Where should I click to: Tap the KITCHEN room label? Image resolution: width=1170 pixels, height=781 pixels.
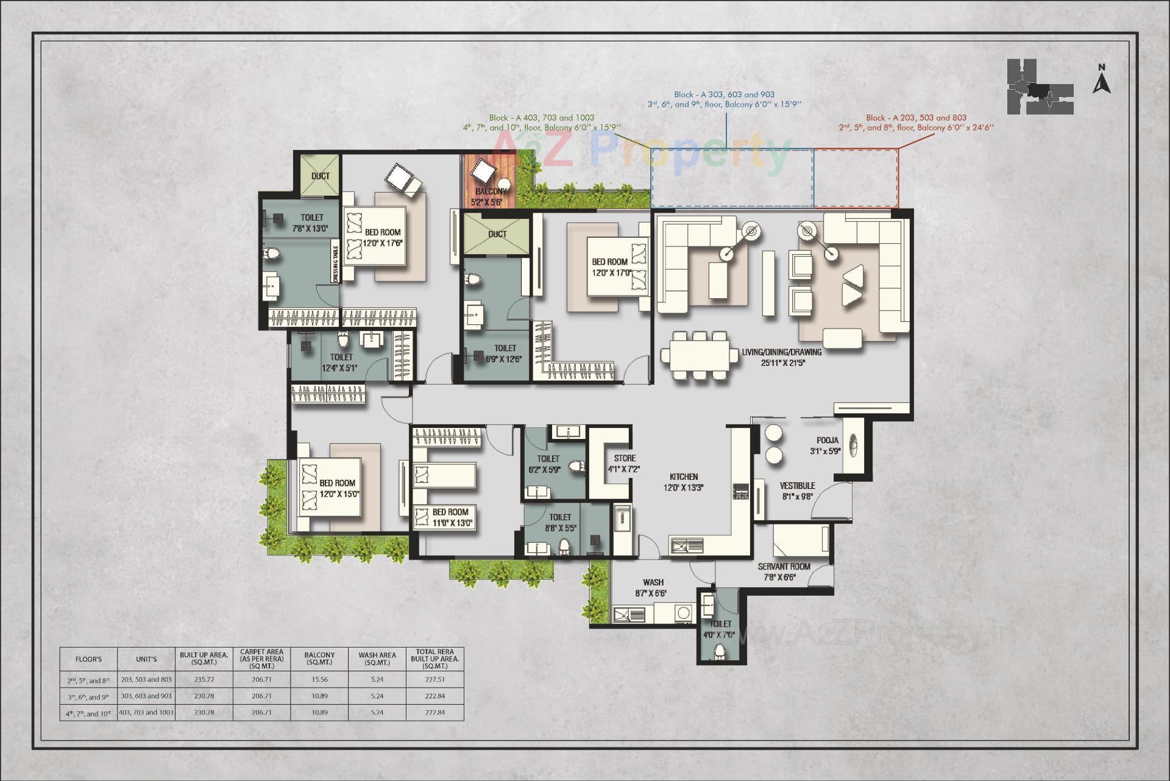(x=684, y=482)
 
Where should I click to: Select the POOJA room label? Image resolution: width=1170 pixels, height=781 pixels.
(x=827, y=446)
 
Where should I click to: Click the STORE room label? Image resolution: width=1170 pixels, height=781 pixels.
(x=624, y=463)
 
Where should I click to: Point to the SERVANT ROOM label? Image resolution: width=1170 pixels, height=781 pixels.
(x=784, y=571)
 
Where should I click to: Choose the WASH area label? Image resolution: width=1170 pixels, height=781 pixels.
(x=653, y=588)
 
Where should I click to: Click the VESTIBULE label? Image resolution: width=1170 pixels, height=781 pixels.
(x=797, y=491)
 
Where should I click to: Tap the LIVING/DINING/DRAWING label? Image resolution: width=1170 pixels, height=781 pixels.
(x=781, y=357)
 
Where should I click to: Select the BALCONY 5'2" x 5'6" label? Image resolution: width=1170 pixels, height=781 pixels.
(x=489, y=196)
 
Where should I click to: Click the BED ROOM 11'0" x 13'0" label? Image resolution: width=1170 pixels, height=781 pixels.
(x=450, y=517)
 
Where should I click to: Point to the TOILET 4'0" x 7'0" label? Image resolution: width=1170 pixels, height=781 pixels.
(x=720, y=629)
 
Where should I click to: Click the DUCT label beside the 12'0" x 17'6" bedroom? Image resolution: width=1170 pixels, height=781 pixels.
(x=321, y=176)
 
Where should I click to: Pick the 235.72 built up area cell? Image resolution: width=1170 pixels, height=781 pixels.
(x=204, y=679)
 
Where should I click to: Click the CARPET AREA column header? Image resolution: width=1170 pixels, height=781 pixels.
(x=261, y=658)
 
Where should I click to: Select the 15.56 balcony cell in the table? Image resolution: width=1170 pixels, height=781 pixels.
(x=319, y=679)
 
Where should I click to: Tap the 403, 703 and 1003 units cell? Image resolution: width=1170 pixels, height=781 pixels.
(x=146, y=712)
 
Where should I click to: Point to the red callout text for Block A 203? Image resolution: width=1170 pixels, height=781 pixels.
(x=916, y=123)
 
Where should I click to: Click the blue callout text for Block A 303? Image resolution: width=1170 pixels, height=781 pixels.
(x=724, y=99)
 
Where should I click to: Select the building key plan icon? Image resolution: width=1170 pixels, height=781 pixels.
(x=1039, y=87)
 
